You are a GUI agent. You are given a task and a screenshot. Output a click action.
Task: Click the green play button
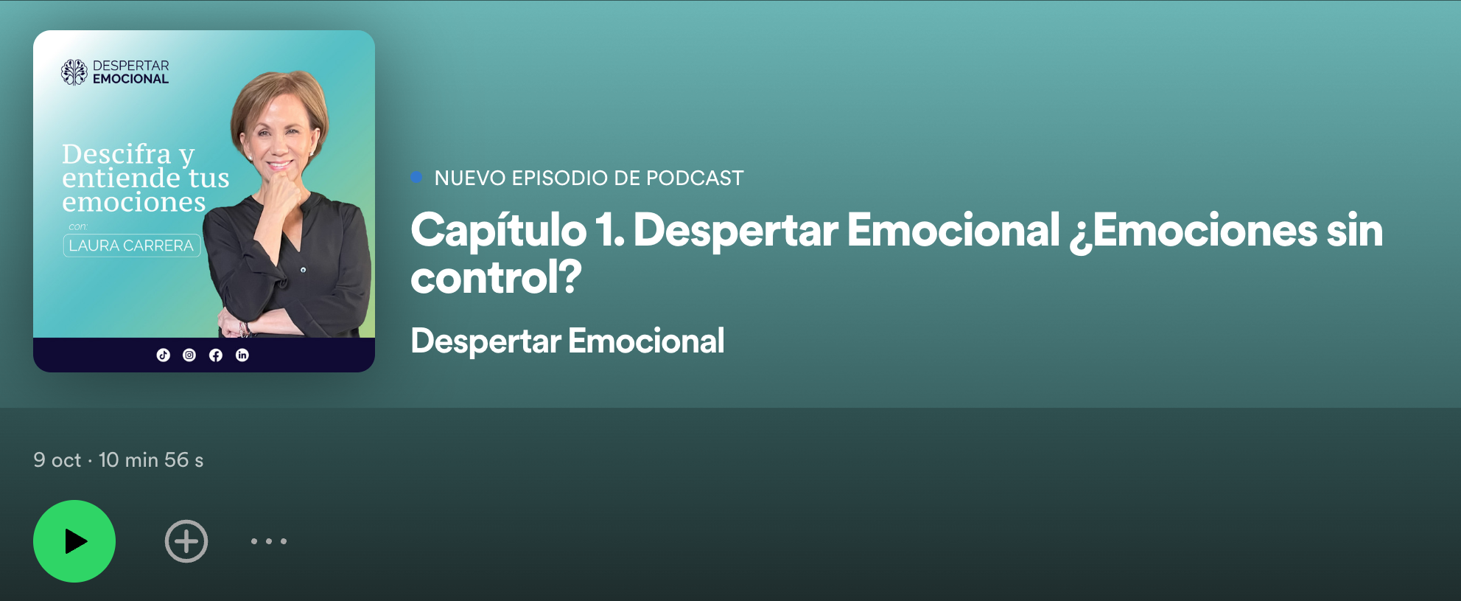(x=74, y=541)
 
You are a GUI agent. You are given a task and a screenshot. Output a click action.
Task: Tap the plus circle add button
(x=186, y=541)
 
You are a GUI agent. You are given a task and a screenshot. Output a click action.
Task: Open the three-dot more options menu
(x=269, y=541)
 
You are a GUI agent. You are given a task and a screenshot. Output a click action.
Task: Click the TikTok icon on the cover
(x=164, y=355)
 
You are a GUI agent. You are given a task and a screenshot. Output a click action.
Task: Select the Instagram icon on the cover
(x=189, y=355)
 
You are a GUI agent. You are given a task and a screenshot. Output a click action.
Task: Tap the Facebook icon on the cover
(x=216, y=355)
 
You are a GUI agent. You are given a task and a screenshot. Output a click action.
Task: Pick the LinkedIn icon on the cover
(x=242, y=355)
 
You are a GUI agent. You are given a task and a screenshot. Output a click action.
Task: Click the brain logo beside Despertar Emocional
(x=74, y=72)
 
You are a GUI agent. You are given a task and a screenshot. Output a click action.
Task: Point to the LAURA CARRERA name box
(x=132, y=246)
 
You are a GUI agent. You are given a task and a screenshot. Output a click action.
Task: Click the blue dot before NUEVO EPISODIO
(x=416, y=177)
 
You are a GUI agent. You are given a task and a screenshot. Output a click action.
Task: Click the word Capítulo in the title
(x=499, y=231)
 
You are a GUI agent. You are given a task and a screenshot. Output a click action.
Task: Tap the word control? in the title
(x=497, y=278)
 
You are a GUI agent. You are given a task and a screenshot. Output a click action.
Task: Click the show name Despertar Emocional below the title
(x=567, y=341)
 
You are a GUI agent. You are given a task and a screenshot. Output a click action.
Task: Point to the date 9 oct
(x=57, y=460)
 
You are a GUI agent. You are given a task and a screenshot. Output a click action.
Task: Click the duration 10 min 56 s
(x=151, y=460)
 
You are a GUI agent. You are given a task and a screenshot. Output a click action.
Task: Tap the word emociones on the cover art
(x=134, y=202)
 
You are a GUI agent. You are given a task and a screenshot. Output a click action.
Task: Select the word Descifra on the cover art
(x=116, y=154)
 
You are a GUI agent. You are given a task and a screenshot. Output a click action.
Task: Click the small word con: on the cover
(x=78, y=226)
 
